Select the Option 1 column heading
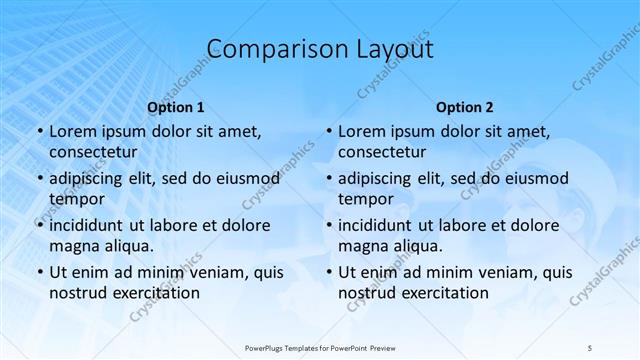coord(176,107)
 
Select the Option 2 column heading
coord(465,107)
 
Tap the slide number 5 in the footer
coord(591,347)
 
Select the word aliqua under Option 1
coord(126,245)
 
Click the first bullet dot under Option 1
coord(39,131)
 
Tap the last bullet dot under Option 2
coord(328,272)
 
